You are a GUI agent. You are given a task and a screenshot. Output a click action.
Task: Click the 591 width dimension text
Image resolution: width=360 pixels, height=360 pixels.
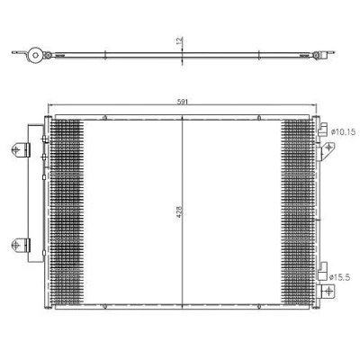click(183, 102)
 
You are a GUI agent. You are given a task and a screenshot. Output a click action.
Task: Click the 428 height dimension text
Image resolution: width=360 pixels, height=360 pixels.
click(179, 211)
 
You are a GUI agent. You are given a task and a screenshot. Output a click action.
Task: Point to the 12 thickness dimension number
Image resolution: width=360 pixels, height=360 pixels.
click(179, 40)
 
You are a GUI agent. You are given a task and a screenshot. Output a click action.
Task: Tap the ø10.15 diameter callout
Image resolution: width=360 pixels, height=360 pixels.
click(343, 131)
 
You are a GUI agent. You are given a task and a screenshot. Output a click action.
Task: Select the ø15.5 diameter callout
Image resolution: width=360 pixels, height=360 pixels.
click(339, 277)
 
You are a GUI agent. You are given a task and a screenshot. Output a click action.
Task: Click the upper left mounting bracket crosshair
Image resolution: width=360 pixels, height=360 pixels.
click(16, 149)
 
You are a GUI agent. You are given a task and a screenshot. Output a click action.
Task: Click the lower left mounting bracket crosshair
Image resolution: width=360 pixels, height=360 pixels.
click(16, 245)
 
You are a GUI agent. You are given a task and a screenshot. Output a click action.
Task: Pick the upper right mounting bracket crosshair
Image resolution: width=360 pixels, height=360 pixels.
click(329, 148)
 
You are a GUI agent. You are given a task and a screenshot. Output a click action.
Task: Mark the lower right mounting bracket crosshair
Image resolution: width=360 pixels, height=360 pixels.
click(328, 291)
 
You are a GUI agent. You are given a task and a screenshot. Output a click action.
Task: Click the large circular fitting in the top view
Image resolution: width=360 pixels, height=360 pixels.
click(35, 55)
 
